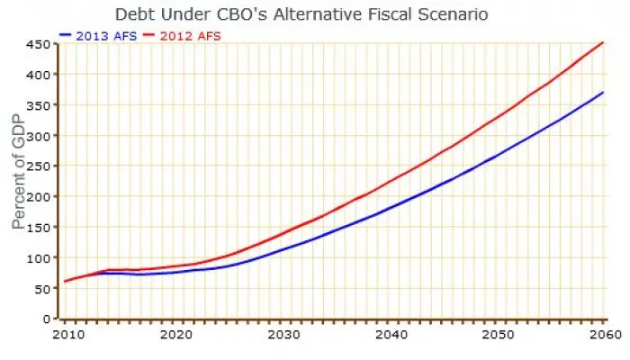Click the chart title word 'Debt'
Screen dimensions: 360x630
point(132,14)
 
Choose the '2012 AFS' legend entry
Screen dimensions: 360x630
point(190,35)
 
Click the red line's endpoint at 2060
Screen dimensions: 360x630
point(603,41)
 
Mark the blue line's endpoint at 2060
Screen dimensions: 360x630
point(603,92)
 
